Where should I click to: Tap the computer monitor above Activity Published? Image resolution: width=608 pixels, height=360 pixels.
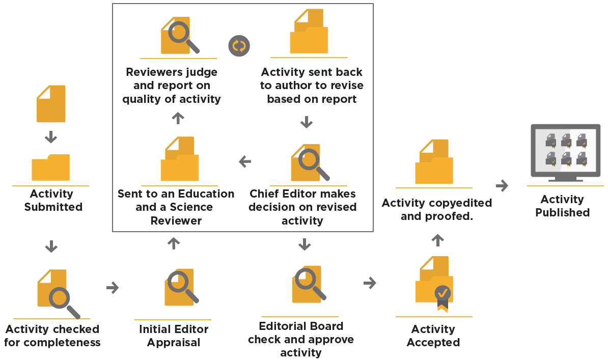pos(565,152)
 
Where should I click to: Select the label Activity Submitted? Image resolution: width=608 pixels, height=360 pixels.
pos(53,201)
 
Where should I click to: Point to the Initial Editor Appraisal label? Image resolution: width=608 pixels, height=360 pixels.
pos(174,336)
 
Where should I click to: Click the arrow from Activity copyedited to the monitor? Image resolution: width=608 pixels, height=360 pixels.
pos(502,186)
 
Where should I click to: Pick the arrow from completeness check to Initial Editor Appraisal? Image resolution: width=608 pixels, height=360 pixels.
pos(112,288)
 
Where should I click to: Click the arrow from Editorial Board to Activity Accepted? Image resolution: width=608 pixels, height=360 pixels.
pos(370,283)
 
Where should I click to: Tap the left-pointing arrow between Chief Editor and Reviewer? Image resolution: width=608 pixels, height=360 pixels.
pos(245,162)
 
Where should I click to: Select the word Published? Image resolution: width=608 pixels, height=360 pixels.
pos(562,212)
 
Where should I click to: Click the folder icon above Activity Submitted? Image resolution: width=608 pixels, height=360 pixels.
pos(50,168)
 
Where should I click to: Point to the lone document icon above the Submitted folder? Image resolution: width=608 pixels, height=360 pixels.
pos(51,103)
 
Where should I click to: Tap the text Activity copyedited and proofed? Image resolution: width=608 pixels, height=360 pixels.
pos(436,209)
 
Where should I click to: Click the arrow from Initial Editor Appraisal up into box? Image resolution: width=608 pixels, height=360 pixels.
pos(174,243)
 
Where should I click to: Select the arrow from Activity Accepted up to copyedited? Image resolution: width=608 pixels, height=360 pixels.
pos(437,239)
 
